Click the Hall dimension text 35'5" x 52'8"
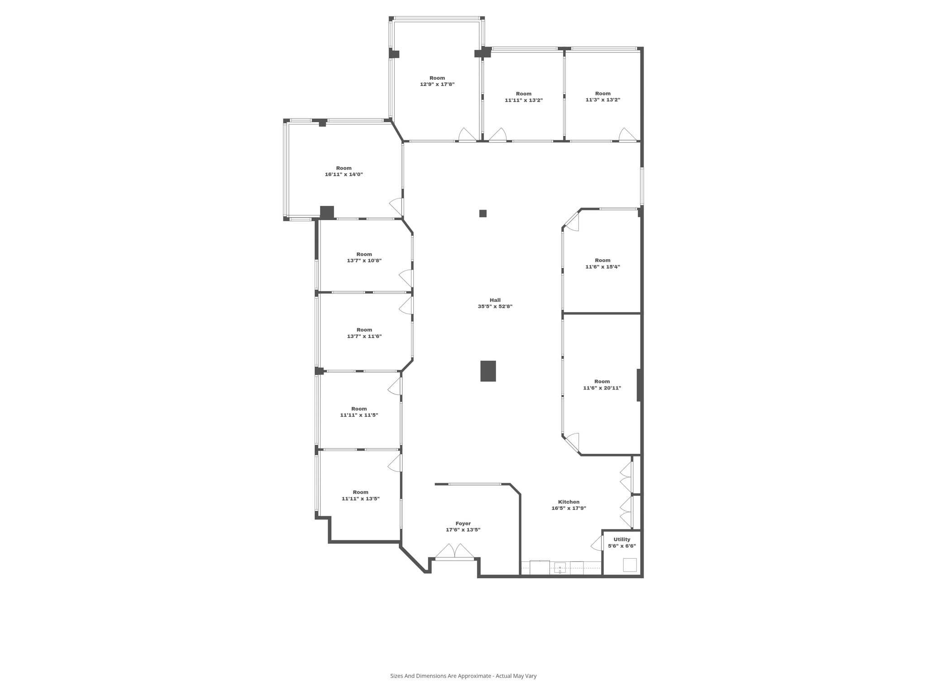[495, 306]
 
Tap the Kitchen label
[569, 502]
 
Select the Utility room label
[621, 539]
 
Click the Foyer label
[463, 524]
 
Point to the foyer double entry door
[454, 552]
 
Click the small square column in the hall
[483, 214]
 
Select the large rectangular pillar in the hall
[488, 371]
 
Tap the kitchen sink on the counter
[560, 567]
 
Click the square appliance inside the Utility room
[630, 565]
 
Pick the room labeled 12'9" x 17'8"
[437, 81]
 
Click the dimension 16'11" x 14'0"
[344, 174]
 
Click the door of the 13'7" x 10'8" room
[406, 278]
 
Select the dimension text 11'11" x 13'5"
[360, 499]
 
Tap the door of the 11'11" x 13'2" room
[498, 135]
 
